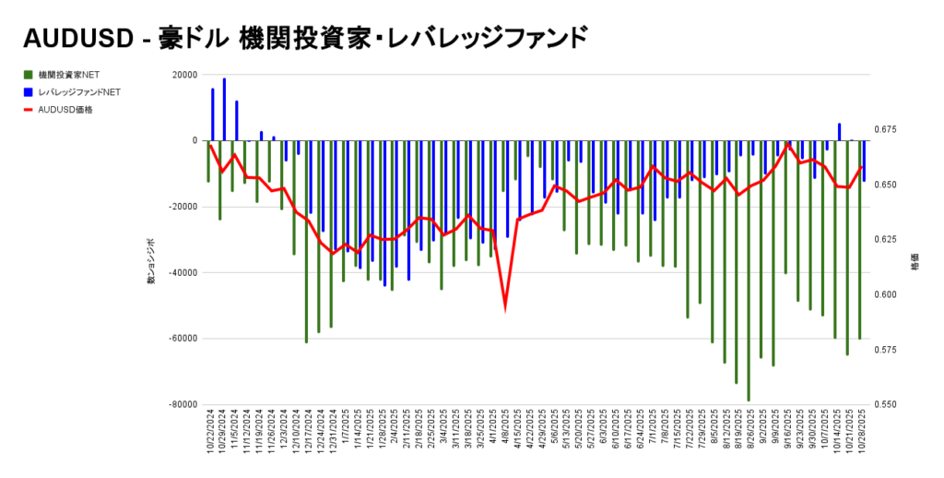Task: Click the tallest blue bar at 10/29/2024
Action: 224,109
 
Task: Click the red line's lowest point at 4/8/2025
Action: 504,306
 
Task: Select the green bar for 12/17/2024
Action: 306,241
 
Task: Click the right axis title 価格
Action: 913,263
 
